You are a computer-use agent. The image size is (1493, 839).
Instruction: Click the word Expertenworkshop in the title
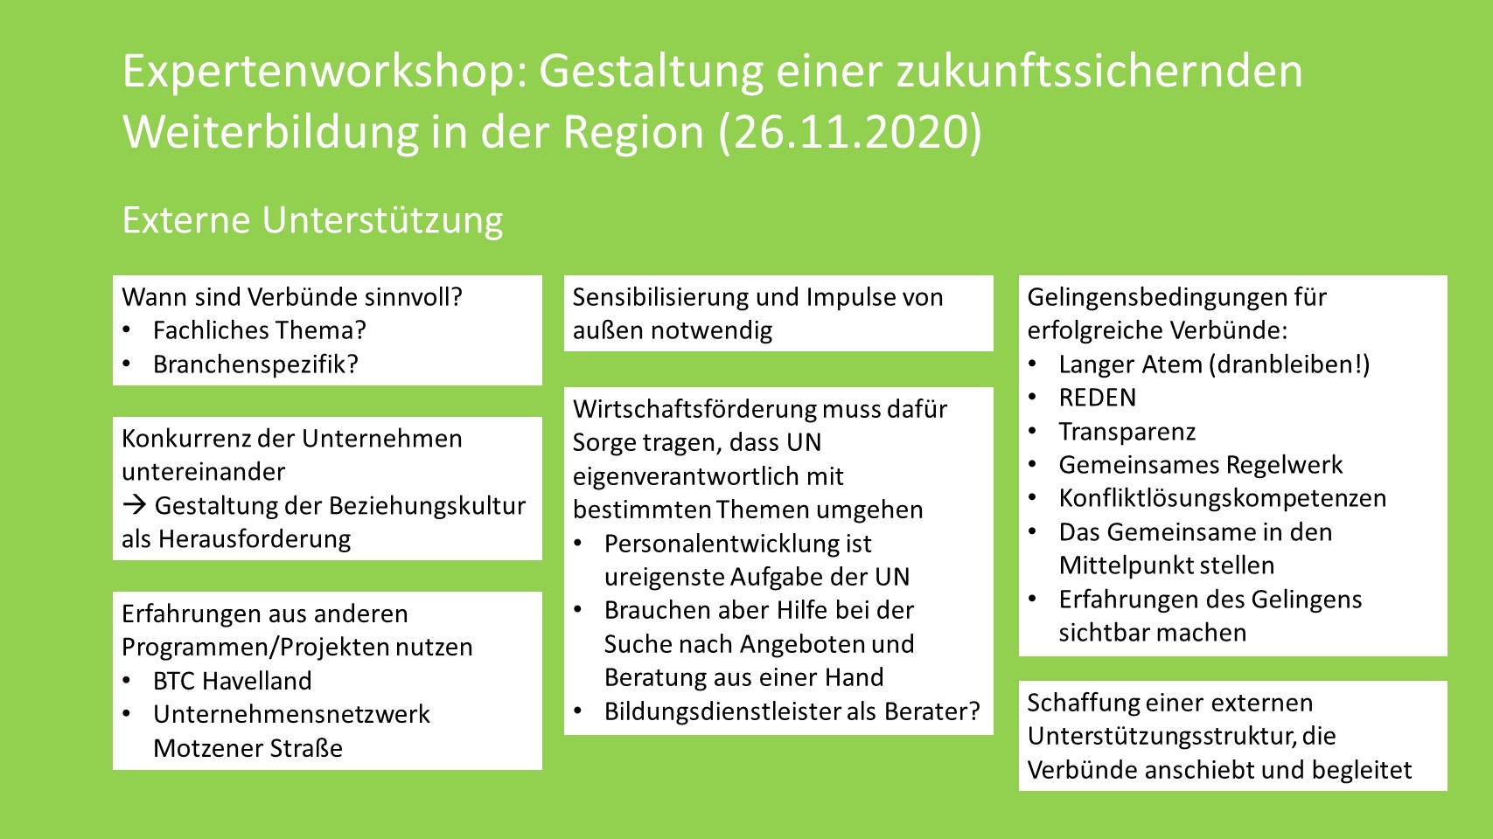click(x=324, y=73)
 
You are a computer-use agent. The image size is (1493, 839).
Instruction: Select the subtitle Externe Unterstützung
click(x=312, y=220)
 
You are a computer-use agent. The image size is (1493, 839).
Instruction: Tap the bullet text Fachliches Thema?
click(x=259, y=330)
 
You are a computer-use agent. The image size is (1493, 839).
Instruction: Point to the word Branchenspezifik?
click(x=255, y=364)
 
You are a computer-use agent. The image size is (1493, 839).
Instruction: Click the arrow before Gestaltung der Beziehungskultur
click(x=135, y=505)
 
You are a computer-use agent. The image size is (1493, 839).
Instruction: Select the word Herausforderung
click(x=255, y=538)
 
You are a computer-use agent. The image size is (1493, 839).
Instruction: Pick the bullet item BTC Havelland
click(x=232, y=681)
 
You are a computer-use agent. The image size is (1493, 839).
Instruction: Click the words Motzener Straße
click(x=248, y=748)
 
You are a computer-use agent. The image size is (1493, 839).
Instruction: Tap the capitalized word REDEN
click(x=1097, y=398)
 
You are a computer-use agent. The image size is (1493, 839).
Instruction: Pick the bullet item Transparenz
click(x=1127, y=432)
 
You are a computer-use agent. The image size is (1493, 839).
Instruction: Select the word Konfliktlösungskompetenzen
click(x=1223, y=498)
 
